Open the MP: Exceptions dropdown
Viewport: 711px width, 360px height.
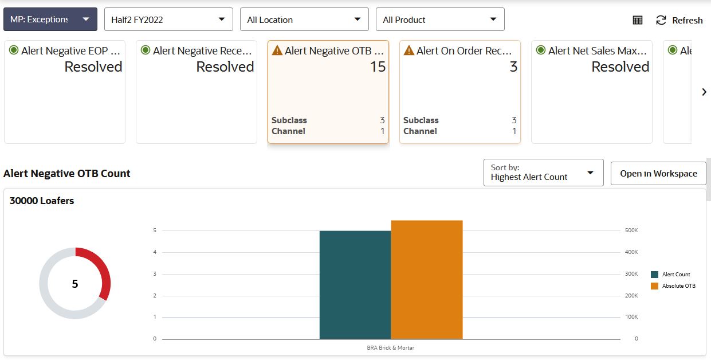tap(50, 19)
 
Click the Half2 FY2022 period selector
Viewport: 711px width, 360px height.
tap(168, 19)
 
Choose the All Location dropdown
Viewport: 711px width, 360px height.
tap(304, 19)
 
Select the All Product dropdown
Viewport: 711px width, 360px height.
tap(439, 19)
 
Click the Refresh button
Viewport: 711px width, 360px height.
tap(679, 20)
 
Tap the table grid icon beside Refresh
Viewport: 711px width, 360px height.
tap(638, 20)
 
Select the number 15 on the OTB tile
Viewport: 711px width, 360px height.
tap(378, 66)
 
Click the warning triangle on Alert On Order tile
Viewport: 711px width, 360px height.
tap(409, 50)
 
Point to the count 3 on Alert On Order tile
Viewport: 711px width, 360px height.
tap(513, 66)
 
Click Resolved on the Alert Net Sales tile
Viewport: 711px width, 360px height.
tap(620, 66)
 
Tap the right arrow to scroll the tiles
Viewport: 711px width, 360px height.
tap(704, 92)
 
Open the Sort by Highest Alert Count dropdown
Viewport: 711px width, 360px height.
tap(543, 173)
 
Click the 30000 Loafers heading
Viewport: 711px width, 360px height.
tap(42, 201)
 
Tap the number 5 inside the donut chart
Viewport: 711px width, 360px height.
tap(75, 284)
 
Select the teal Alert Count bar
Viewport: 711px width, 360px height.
tap(355, 284)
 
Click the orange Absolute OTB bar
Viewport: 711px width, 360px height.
tap(426, 279)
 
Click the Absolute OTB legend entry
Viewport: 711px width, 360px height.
tap(678, 285)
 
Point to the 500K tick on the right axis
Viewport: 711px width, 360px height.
tap(631, 230)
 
